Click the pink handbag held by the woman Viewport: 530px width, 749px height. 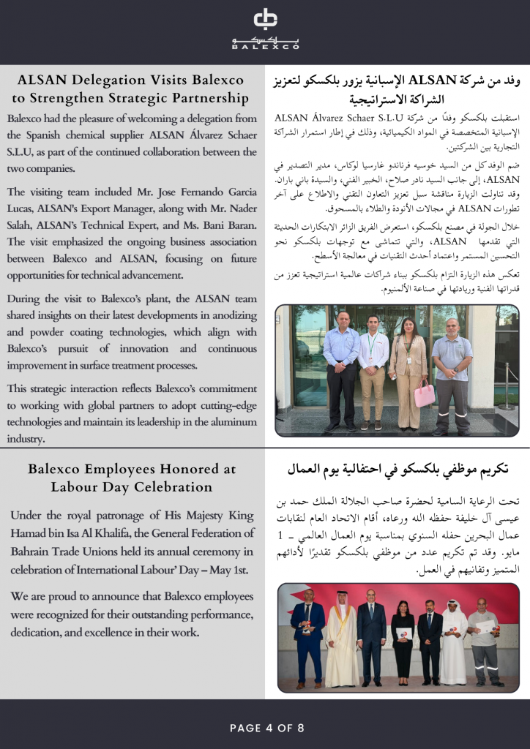point(424,394)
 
